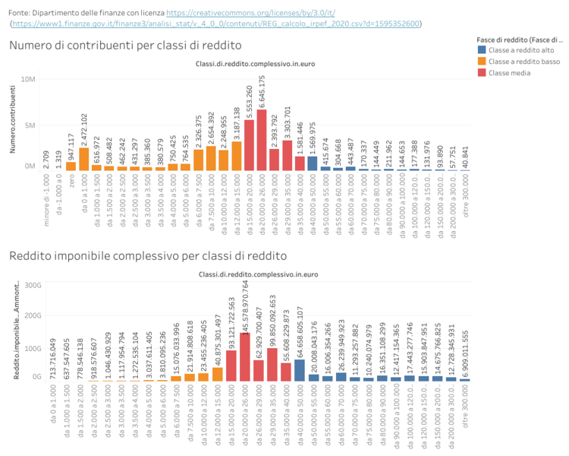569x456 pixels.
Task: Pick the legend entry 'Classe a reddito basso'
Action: coord(525,61)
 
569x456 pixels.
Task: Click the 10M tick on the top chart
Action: coord(28,80)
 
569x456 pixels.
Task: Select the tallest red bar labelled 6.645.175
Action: coord(262,140)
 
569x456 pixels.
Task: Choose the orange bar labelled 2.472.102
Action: coord(84,158)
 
